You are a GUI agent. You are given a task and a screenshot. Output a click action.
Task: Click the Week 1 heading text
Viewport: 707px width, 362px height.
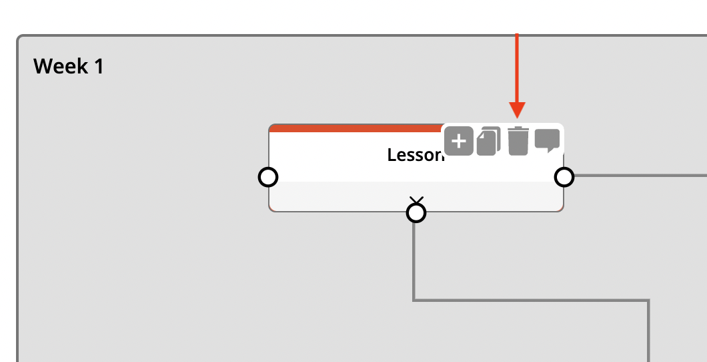tap(69, 66)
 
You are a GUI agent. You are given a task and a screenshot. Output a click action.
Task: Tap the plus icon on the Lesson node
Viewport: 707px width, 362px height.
tap(458, 141)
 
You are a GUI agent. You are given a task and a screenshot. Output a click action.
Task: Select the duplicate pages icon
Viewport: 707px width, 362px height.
tap(489, 141)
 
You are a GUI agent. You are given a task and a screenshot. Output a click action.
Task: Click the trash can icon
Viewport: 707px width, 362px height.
tap(518, 141)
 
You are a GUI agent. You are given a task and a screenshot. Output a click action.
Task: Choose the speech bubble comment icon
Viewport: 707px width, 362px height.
tap(547, 140)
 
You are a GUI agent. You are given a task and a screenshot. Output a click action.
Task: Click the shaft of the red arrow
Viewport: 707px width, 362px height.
tap(517, 67)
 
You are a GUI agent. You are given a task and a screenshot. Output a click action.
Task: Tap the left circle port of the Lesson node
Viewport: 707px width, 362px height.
tap(268, 177)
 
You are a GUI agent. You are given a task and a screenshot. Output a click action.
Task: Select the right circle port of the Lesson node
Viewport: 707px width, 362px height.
tap(564, 177)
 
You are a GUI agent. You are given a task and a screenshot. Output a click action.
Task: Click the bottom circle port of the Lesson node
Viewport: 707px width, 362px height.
tap(416, 212)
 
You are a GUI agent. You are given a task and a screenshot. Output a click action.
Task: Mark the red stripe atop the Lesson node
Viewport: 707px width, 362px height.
tap(353, 128)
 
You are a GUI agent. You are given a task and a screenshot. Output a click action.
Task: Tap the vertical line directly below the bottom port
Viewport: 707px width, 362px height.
tap(414, 260)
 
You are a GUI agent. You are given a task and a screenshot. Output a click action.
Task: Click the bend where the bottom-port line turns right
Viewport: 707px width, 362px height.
tap(414, 300)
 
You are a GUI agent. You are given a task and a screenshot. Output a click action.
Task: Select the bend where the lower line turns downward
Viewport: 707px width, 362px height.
tap(648, 301)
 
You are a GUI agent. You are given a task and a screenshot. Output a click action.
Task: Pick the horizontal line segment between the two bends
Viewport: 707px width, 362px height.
tap(534, 300)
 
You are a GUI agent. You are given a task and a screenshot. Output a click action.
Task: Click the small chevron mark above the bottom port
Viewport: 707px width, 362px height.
tap(416, 200)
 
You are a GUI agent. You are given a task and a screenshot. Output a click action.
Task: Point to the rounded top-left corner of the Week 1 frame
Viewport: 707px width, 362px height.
tap(20, 38)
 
